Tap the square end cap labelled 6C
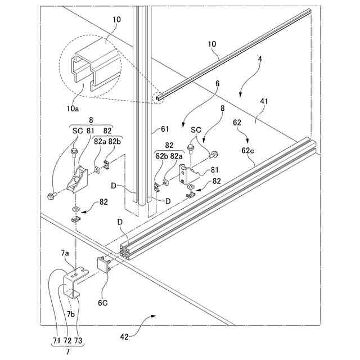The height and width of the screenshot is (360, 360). [104, 263]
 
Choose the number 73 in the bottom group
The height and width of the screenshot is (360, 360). [78, 341]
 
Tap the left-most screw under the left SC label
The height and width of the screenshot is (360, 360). [51, 196]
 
